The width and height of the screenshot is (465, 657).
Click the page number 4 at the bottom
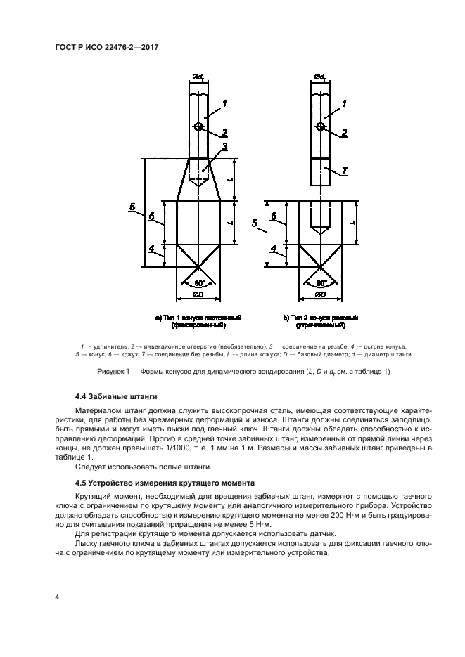tap(57, 597)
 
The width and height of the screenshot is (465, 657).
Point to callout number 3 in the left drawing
tap(224, 147)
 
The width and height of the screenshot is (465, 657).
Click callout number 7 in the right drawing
tap(345, 171)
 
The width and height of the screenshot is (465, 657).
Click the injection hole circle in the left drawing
tap(199, 126)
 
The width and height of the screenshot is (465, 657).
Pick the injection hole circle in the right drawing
tap(320, 126)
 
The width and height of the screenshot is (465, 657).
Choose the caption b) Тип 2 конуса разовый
tap(321, 318)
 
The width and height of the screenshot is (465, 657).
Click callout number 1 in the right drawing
tap(345, 104)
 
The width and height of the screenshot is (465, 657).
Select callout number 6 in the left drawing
tap(152, 216)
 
